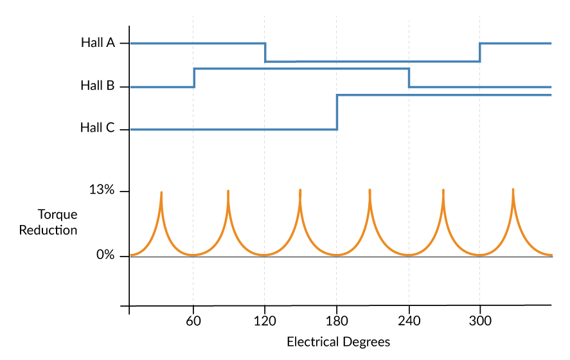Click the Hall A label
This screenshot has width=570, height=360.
pos(98,43)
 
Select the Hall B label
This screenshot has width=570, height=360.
pos(98,85)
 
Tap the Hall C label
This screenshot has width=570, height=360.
pos(98,128)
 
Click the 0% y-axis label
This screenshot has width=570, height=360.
pos(105,255)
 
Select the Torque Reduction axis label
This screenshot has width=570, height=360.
pos(48,222)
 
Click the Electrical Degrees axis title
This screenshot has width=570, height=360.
pos(338,341)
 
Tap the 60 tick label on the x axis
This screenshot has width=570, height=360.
pos(193,321)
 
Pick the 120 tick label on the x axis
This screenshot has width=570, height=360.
pos(265,321)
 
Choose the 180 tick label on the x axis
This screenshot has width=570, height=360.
pos(337,321)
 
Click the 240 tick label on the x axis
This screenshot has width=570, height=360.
pos(409,321)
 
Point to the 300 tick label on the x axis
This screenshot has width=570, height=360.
pos(479,321)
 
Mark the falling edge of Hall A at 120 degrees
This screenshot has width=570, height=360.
pos(265,52)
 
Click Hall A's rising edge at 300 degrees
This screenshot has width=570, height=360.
pos(479,52)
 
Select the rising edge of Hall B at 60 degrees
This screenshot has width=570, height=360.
pos(194,77)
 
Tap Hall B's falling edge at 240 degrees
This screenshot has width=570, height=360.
pos(409,77)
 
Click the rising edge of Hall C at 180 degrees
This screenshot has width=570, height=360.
pos(337,112)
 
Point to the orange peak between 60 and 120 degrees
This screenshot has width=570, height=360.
pos(228,192)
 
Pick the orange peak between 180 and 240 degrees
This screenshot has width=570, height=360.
pos(370,190)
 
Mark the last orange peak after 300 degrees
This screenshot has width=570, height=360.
pos(513,190)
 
